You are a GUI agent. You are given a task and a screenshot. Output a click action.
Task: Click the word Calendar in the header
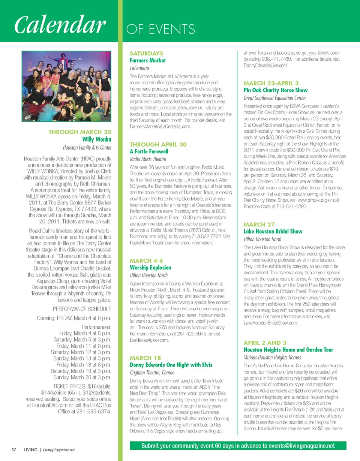click(x=59, y=25)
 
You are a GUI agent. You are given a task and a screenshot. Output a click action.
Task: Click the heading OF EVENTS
click(x=161, y=29)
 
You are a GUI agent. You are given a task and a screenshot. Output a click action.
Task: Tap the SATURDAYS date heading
click(x=146, y=54)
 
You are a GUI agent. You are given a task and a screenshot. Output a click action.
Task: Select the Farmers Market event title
click(x=148, y=60)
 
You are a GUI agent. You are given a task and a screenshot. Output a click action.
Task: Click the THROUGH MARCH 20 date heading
click(x=80, y=132)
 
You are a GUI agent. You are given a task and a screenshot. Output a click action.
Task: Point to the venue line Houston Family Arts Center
click(x=87, y=147)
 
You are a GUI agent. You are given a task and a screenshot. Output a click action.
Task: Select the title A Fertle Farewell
click(x=149, y=151)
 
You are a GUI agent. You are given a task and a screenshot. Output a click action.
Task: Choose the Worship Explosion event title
click(x=150, y=268)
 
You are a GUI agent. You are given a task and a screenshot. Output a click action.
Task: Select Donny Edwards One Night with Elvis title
click(x=171, y=365)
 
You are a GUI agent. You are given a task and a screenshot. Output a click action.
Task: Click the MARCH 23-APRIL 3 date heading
click(x=271, y=83)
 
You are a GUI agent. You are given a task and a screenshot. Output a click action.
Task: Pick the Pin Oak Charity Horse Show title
click(x=276, y=90)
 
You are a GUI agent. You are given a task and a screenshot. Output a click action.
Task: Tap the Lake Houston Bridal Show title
click(x=273, y=231)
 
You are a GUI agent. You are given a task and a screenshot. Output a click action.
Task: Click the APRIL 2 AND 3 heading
click(x=265, y=343)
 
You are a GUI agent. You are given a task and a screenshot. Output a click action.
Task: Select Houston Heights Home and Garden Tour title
click(x=288, y=350)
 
